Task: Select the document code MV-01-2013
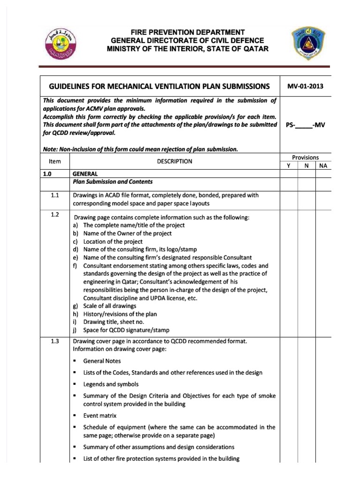click(x=305, y=86)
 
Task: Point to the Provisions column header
click(x=305, y=157)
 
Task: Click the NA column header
click(x=322, y=166)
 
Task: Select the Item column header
click(x=55, y=161)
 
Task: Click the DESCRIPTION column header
click(x=174, y=161)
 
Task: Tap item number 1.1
click(x=55, y=195)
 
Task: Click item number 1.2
click(x=55, y=215)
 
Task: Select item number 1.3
click(x=55, y=341)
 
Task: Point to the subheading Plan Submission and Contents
click(x=112, y=182)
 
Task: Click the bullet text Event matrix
click(x=100, y=415)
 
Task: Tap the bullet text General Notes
click(x=102, y=361)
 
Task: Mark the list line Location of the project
click(x=112, y=241)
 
